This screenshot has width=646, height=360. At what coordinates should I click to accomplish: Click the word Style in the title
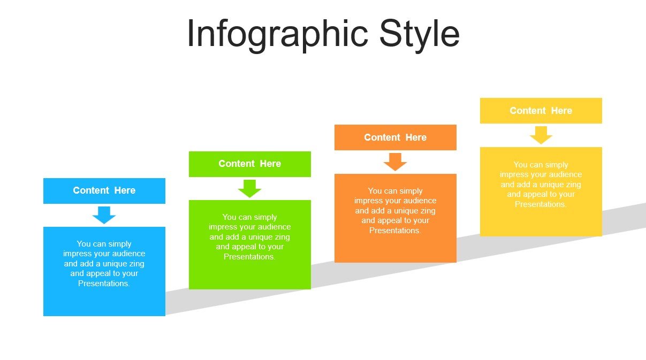[x=420, y=35]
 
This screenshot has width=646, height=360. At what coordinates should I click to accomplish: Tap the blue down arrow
[x=104, y=215]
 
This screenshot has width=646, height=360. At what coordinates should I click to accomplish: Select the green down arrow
[x=250, y=188]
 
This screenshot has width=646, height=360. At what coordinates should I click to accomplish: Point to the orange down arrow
[x=396, y=162]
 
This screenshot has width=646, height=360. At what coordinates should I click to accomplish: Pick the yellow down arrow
[x=541, y=135]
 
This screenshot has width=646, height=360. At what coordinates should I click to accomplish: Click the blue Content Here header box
[x=104, y=191]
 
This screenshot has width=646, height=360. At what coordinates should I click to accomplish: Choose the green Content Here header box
[x=250, y=164]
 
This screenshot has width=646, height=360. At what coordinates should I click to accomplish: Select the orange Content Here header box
[x=396, y=137]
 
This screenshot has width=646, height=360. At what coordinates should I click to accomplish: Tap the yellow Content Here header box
[x=541, y=111]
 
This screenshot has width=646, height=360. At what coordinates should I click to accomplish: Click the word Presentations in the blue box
[x=104, y=284]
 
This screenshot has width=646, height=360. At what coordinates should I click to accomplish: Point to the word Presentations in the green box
[x=249, y=257]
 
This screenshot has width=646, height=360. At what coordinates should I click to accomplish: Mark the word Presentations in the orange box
[x=395, y=231]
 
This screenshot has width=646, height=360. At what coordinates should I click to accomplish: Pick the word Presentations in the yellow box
[x=541, y=204]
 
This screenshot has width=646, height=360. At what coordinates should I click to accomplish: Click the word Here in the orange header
[x=416, y=137]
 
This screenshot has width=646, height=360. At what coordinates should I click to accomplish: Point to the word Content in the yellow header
[x=528, y=111]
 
